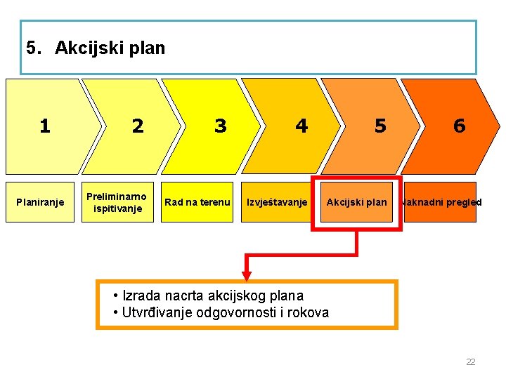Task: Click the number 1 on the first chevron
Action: coord(45,126)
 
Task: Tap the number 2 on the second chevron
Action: coord(138,126)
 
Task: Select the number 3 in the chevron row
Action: coord(221,126)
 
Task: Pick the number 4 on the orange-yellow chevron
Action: coord(301,126)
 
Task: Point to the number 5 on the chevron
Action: coord(380,126)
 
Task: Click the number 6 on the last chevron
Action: coord(459,126)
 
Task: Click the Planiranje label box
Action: coord(40,202)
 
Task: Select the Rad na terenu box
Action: coord(197,202)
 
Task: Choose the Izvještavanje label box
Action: coord(277,202)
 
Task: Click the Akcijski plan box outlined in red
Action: coord(356,202)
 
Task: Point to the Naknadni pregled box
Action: coord(441,202)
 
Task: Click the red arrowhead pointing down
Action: coord(247,275)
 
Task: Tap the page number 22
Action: coord(471,362)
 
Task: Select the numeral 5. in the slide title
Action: coord(33,48)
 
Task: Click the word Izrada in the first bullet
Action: coord(141,295)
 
